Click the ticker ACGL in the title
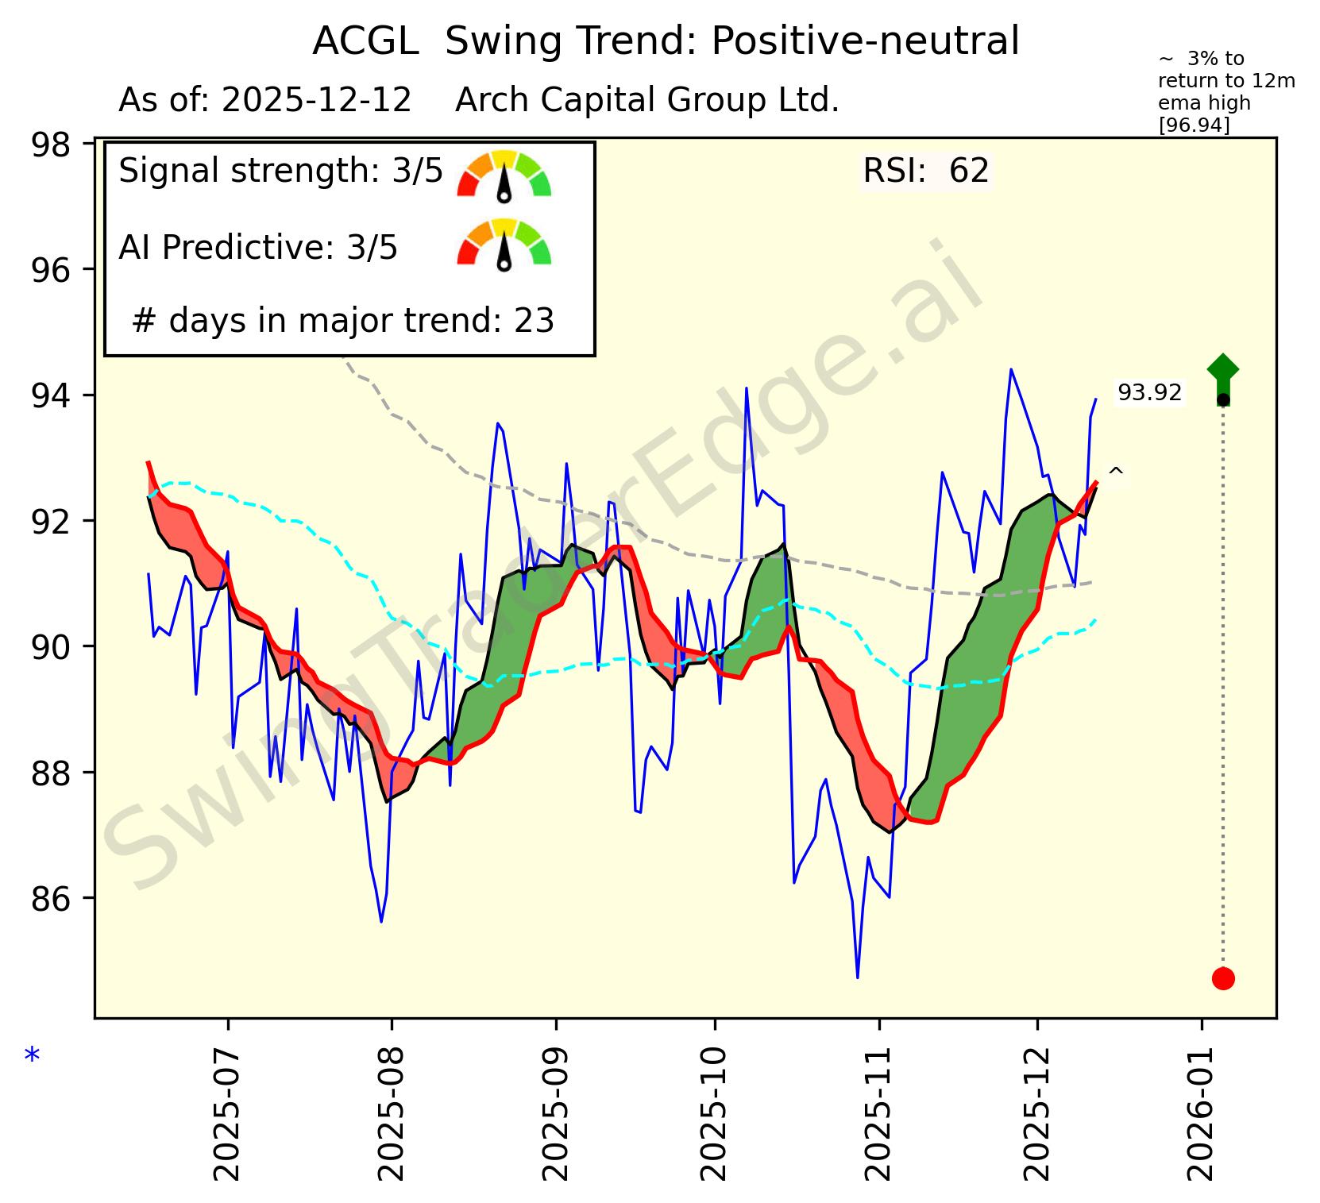(365, 41)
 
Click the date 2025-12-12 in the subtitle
(317, 101)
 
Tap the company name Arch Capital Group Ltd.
(646, 101)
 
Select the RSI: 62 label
(925, 171)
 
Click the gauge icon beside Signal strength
(504, 173)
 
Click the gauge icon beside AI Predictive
(504, 242)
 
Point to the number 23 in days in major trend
(534, 321)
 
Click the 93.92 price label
(1149, 393)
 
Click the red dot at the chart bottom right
(1222, 978)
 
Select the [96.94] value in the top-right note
(1194, 125)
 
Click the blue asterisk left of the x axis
(32, 1057)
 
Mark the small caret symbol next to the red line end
(1115, 472)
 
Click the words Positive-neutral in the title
(865, 41)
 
